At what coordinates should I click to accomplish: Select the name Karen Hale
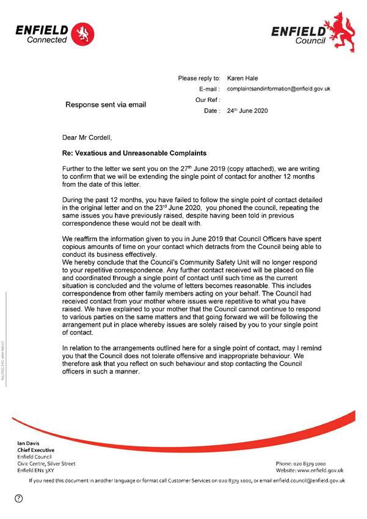tap(243, 78)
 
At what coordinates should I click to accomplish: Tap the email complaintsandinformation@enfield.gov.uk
tap(278, 89)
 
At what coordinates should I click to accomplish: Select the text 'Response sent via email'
tap(106, 104)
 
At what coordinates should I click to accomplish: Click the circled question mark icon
tap(19, 499)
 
